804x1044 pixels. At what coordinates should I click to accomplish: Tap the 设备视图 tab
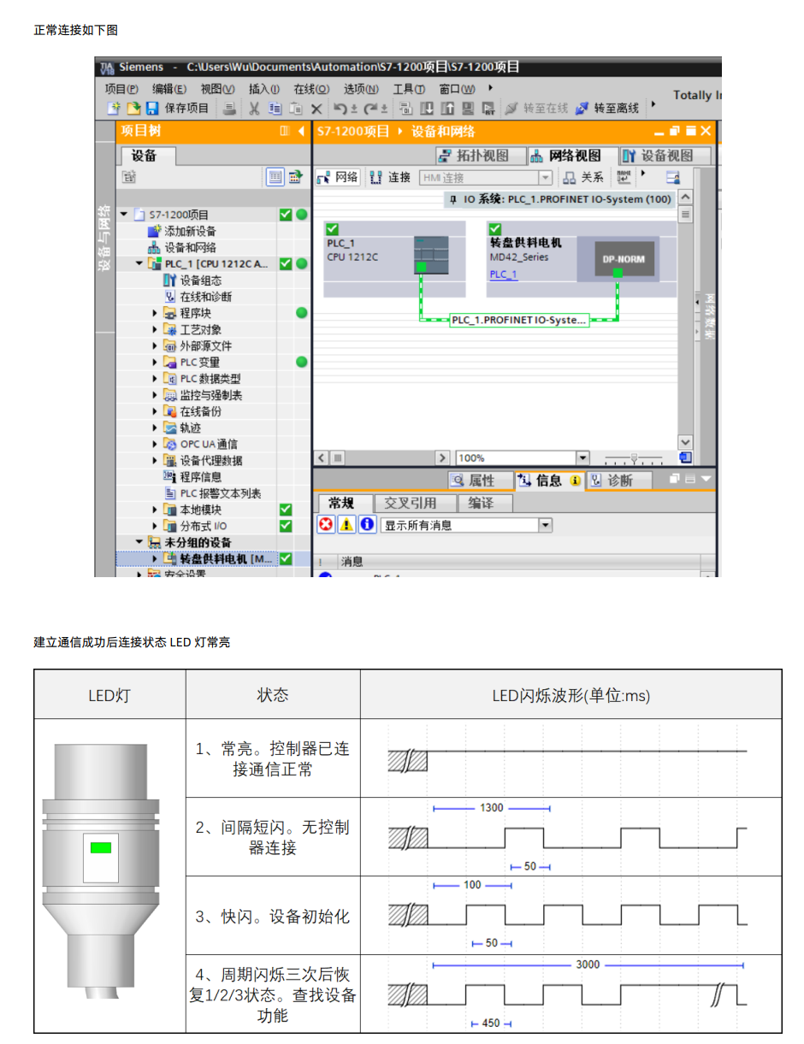[x=665, y=156]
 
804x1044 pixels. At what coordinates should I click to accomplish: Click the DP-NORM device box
[x=624, y=258]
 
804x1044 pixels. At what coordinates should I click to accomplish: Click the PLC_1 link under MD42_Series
[x=503, y=274]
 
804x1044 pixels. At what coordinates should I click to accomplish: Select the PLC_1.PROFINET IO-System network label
[x=519, y=320]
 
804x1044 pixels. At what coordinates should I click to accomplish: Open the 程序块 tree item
[x=198, y=313]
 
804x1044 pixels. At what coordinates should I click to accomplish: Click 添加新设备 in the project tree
[x=190, y=231]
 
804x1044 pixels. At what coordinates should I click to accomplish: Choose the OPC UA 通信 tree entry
[x=208, y=444]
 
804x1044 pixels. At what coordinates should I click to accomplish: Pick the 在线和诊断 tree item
[x=205, y=297]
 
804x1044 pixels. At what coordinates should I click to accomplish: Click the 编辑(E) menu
[x=168, y=89]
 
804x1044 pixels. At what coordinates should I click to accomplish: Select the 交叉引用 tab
[x=410, y=503]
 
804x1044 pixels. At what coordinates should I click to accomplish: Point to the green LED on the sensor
[x=101, y=847]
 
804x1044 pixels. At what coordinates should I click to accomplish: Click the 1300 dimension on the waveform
[x=492, y=808]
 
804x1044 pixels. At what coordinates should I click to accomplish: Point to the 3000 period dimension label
[x=588, y=964]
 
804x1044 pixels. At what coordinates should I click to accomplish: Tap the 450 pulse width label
[x=491, y=1023]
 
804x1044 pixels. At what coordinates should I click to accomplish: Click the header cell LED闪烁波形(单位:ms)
[x=570, y=695]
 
